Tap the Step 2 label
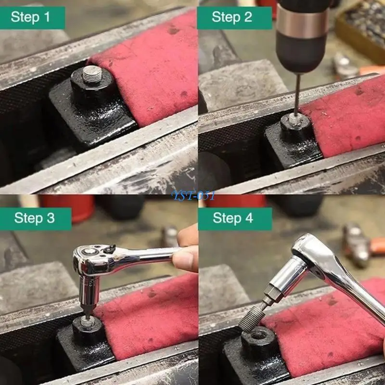pyautogui.click(x=232, y=18)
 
